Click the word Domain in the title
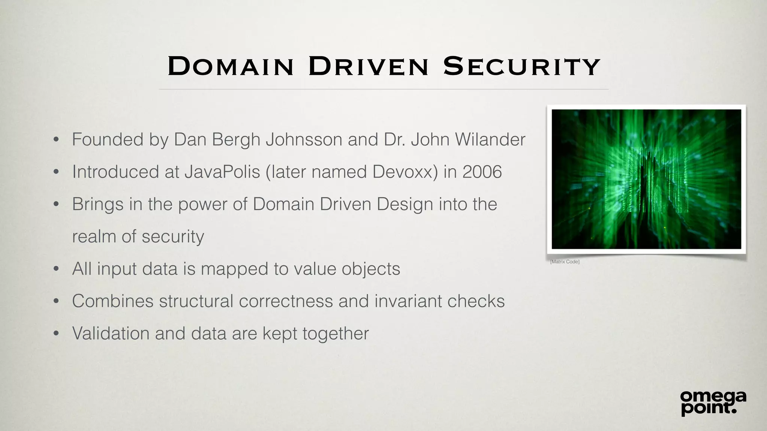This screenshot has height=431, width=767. (230, 67)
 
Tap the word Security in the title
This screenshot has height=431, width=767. (522, 67)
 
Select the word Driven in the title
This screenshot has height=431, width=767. (368, 67)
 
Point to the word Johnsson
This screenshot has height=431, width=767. (304, 140)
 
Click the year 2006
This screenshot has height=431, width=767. (482, 172)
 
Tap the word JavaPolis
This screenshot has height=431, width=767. (222, 172)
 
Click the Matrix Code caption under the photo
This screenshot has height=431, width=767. (565, 262)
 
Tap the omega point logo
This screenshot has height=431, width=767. (713, 403)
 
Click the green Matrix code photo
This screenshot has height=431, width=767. (646, 179)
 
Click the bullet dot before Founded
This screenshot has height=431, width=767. (56, 140)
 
